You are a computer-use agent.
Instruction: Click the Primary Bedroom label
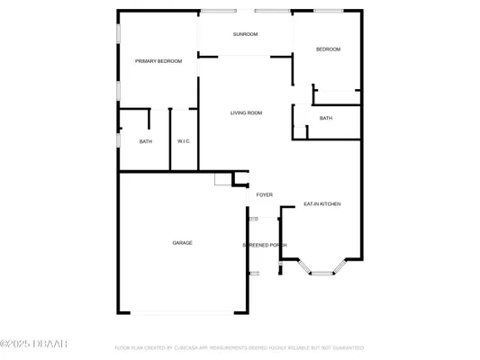[x=158, y=61]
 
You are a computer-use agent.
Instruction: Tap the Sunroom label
[x=245, y=34]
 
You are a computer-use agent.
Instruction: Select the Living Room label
[x=246, y=112]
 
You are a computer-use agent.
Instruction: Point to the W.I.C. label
[x=183, y=141]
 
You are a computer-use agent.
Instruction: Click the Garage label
[x=183, y=243]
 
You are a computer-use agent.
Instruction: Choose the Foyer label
[x=265, y=194]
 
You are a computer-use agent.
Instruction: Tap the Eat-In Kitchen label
[x=322, y=204]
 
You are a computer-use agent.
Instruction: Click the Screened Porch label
[x=264, y=245]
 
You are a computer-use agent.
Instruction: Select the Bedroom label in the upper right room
[x=328, y=49]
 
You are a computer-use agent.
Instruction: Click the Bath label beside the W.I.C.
[x=145, y=141]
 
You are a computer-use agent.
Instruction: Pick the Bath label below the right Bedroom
[x=326, y=118]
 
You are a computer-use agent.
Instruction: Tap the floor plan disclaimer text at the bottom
[x=239, y=346]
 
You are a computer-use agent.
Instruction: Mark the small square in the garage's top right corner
[x=222, y=179]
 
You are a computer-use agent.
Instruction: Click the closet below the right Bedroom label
[x=337, y=97]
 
